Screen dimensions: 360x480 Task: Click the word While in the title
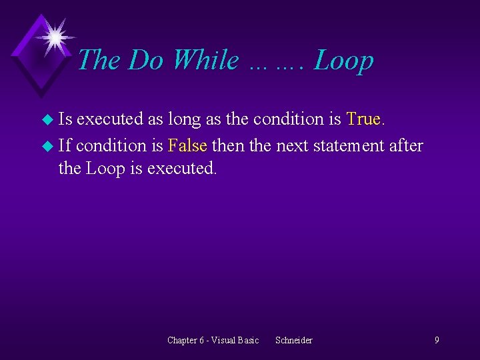(x=205, y=60)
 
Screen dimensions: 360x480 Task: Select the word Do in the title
(x=146, y=60)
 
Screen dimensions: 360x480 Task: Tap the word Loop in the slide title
(x=343, y=60)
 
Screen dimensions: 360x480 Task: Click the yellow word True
(x=363, y=119)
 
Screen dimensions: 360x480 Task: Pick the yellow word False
(x=188, y=144)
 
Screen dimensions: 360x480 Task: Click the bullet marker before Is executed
(x=46, y=121)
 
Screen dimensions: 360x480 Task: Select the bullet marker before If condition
(x=46, y=145)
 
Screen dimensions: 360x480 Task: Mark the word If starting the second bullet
(x=65, y=144)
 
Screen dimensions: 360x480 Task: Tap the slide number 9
(x=437, y=340)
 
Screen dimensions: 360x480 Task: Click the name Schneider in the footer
(x=293, y=340)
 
